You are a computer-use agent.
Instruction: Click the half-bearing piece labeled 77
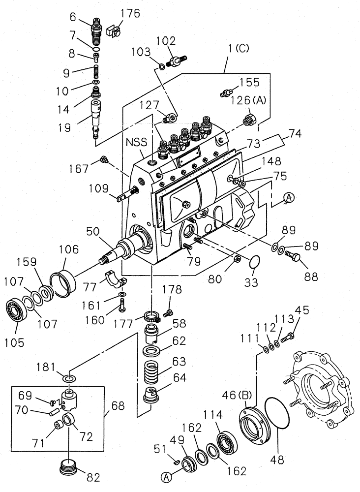pyautogui.click(x=117, y=281)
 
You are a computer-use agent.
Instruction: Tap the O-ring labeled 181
pyautogui.click(x=69, y=378)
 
